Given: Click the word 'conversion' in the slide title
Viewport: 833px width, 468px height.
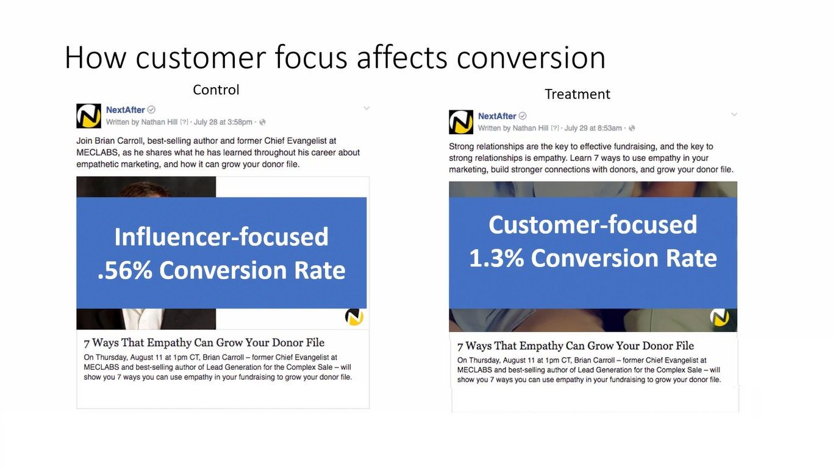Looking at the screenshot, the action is (x=531, y=58).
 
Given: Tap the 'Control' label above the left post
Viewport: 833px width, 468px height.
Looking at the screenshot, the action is (x=216, y=90).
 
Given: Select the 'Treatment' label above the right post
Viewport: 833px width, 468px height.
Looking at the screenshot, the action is (x=577, y=94).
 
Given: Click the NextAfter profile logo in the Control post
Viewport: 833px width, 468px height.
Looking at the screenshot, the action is (x=88, y=116).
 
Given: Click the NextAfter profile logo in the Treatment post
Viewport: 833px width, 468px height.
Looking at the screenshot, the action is (x=461, y=122).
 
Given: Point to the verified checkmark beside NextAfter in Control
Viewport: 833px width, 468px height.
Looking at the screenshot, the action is (x=151, y=110).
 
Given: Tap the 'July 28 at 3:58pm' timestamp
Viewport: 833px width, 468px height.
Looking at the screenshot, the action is (x=223, y=122).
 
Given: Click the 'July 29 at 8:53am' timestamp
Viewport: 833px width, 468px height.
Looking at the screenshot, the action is (x=593, y=128).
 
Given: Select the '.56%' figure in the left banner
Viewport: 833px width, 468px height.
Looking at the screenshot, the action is (x=125, y=270).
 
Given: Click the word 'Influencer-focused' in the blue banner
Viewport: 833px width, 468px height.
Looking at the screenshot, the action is (x=221, y=237).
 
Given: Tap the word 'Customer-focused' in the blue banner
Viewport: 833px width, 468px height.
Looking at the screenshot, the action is (x=593, y=225).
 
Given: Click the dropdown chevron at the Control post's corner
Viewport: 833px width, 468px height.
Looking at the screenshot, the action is (x=366, y=108).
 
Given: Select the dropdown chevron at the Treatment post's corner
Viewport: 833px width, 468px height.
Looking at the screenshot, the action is (x=734, y=114).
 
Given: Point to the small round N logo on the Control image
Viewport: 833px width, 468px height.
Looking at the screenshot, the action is (x=354, y=317).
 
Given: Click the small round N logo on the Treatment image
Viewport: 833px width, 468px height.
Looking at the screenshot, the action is (x=720, y=317).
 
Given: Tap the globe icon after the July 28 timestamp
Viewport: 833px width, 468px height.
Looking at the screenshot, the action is (x=263, y=122).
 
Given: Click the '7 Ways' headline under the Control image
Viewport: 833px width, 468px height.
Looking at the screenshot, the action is (x=204, y=342).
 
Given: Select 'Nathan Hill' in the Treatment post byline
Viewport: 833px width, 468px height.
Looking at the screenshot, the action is (x=531, y=128).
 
